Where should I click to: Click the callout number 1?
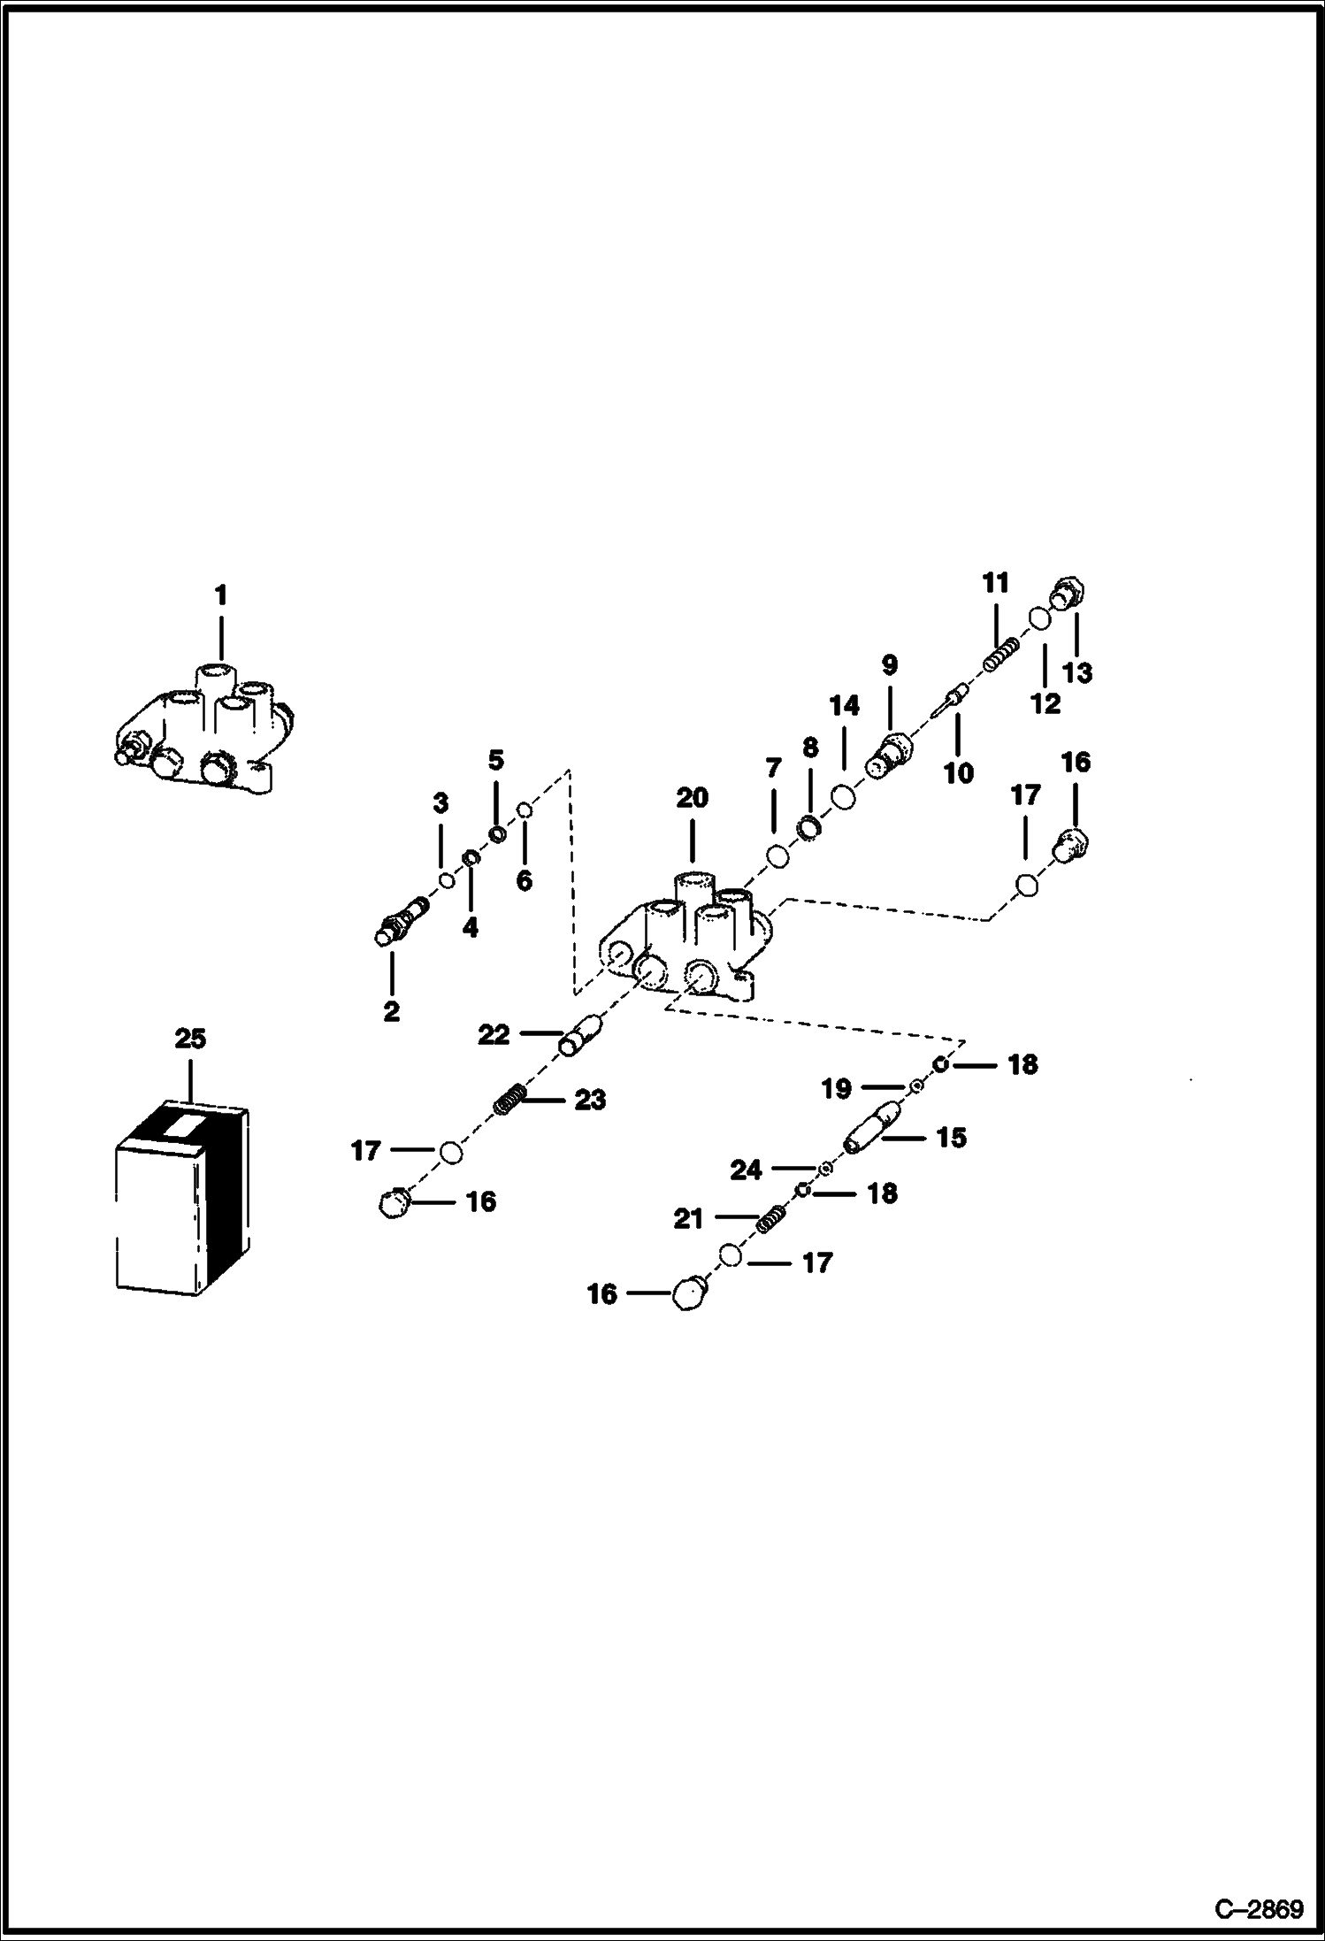221,595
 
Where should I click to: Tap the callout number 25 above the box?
190,1038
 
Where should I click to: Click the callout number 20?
692,798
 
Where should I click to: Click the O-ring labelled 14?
843,797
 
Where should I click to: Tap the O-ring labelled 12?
1038,617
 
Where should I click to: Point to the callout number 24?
746,1170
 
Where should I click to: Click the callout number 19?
836,1089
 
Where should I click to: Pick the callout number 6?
525,880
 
